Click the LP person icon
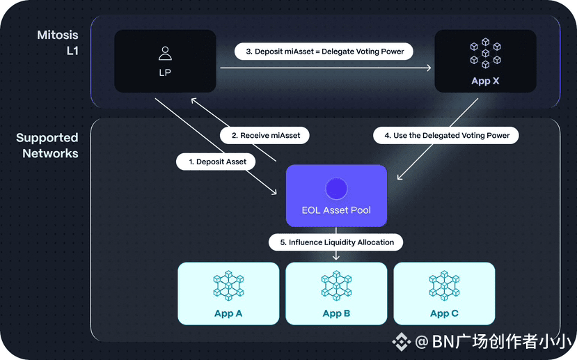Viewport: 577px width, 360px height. pos(165,54)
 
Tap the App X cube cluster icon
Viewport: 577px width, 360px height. pos(485,53)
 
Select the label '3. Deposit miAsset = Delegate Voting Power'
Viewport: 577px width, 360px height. pos(324,52)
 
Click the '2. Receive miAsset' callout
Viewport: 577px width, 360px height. pos(264,136)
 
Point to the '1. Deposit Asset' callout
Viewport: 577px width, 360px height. pos(216,162)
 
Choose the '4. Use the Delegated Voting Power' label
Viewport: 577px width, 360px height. pos(446,136)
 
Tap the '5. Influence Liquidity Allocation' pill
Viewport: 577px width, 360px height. pos(336,242)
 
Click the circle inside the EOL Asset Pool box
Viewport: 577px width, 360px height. pos(336,189)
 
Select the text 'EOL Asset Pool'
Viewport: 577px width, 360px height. pos(336,210)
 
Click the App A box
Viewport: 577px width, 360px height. pos(228,293)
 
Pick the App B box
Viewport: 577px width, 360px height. pos(336,293)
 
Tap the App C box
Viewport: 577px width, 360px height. pos(444,293)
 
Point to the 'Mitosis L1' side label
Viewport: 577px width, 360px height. pos(58,42)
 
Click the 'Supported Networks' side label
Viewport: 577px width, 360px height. pos(47,146)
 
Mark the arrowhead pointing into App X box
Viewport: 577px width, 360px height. pos(428,68)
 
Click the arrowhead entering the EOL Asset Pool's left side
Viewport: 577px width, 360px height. pos(274,191)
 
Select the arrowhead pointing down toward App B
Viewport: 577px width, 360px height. pos(336,257)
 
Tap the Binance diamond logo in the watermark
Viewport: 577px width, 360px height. pos(401,342)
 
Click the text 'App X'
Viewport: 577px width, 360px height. pos(485,81)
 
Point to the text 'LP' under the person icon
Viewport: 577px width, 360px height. pos(165,72)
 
